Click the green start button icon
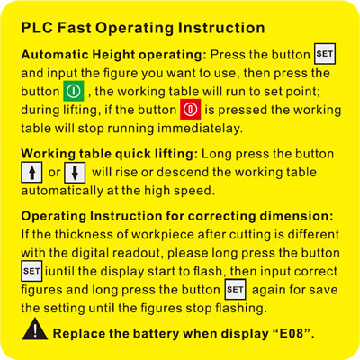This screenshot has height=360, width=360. [74, 91]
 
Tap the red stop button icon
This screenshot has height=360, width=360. [191, 110]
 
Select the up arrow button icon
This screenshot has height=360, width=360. [31, 172]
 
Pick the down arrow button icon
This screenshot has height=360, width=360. [75, 173]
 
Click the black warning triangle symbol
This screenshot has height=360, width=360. [35, 329]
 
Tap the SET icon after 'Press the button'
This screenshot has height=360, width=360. [325, 54]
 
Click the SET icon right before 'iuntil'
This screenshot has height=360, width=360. [31, 271]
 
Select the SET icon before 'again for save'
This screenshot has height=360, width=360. [236, 290]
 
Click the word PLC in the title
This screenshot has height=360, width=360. [37, 28]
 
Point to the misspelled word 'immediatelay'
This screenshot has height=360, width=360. [200, 129]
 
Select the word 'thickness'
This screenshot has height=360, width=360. [84, 234]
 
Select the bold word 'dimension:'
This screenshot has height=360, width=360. [296, 216]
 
